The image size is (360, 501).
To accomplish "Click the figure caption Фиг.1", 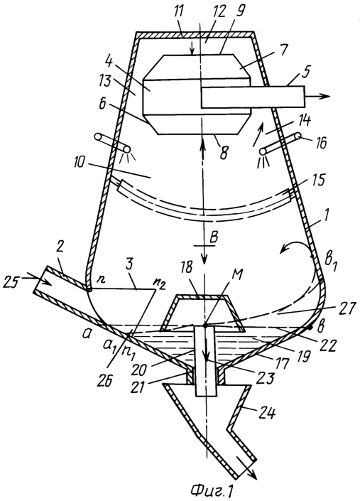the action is [x=211, y=492].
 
